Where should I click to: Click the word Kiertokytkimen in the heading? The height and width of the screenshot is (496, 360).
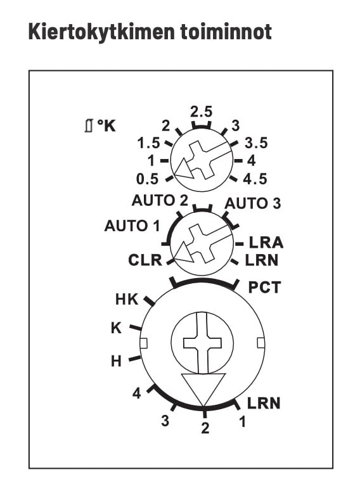(101, 32)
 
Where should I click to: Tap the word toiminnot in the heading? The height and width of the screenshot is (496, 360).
(226, 31)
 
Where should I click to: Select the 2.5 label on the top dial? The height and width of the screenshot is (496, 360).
(201, 111)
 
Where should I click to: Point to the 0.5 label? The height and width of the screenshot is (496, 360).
(147, 179)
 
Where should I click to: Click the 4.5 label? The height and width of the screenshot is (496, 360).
(255, 179)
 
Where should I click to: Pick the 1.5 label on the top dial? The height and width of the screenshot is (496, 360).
(148, 143)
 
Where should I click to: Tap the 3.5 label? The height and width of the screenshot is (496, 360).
(256, 143)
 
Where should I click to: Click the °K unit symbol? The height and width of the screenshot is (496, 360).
(106, 126)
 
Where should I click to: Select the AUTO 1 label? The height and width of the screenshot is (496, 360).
(132, 226)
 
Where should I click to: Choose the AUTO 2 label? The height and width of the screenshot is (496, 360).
(160, 200)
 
